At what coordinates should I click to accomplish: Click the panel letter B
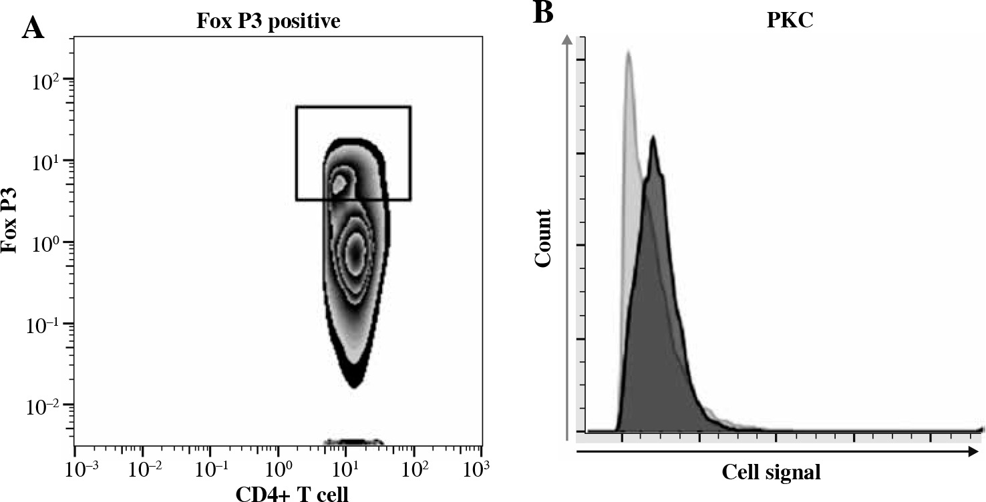tap(543, 13)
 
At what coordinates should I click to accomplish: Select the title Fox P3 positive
tap(269, 22)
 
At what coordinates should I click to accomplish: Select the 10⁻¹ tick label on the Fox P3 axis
tap(45, 326)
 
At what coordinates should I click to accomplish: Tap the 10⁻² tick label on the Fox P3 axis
tap(45, 407)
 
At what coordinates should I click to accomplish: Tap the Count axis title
tap(544, 238)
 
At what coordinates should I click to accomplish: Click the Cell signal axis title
tap(771, 473)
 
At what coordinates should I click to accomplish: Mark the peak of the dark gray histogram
tap(653, 138)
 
